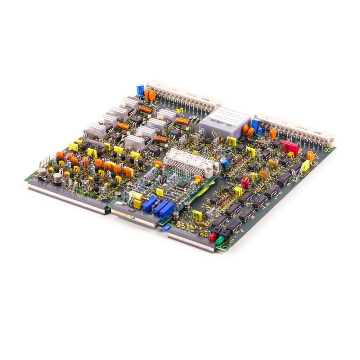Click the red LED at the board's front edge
213,237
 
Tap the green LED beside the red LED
219,240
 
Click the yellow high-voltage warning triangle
179,111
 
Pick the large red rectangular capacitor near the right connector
289,147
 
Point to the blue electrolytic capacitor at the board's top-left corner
140,90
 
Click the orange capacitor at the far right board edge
310,156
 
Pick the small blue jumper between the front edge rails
166,228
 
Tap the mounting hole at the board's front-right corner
226,247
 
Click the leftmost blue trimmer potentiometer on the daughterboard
150,204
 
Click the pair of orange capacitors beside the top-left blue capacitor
149,95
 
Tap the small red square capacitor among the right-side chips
245,184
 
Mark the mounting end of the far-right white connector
330,140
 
